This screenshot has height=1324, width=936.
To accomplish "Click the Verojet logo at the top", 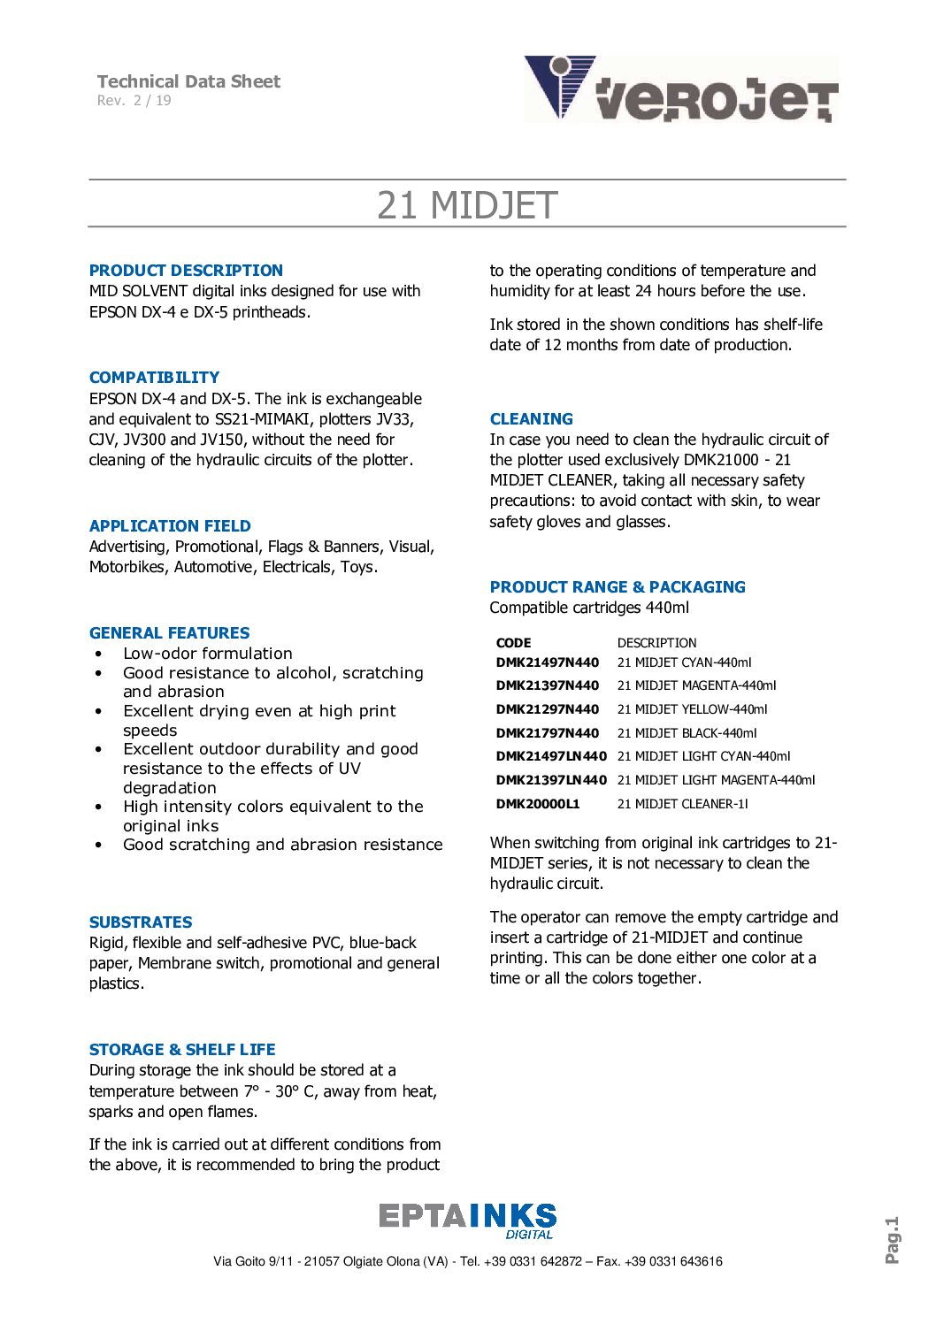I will click(680, 88).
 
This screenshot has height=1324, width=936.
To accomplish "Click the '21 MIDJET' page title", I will click(467, 205).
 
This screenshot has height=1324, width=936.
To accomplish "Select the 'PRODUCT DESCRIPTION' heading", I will click(186, 271).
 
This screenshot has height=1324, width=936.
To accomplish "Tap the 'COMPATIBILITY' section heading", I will click(154, 378).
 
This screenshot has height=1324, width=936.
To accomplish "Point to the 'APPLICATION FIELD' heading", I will click(170, 526).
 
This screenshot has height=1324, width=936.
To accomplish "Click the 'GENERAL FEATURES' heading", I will click(169, 633).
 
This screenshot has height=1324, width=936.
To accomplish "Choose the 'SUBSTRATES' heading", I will click(141, 922).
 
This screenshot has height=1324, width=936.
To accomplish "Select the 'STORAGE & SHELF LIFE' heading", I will click(182, 1050).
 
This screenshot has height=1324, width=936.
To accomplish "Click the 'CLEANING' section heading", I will click(531, 419).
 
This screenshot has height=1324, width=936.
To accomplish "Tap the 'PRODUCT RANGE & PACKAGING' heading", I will click(618, 587).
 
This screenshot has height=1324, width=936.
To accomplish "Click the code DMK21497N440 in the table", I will click(547, 662).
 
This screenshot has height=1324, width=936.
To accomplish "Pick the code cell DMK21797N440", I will click(547, 733).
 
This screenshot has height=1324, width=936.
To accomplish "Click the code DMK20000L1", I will click(538, 804).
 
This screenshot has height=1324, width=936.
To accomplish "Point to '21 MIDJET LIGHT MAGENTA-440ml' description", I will click(716, 780).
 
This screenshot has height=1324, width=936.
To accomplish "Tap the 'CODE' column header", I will click(513, 643).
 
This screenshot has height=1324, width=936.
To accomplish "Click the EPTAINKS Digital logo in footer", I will click(467, 1221).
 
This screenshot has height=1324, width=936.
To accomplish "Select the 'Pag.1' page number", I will click(892, 1240).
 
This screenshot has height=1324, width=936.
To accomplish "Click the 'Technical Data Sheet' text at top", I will click(188, 81).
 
